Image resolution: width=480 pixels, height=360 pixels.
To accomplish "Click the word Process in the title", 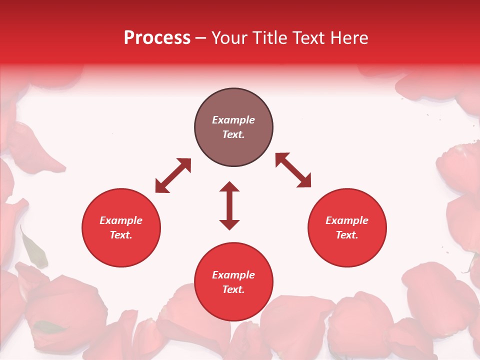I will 157,38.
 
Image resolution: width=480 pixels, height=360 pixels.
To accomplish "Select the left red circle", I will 121,250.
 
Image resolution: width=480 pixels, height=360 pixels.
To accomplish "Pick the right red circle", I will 347,250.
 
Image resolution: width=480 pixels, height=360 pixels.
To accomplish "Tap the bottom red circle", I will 233,305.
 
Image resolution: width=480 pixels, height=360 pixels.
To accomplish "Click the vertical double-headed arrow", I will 229,205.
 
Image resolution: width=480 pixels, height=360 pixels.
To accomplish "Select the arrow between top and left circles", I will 173,175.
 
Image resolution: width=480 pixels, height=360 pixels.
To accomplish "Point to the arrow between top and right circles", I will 293,170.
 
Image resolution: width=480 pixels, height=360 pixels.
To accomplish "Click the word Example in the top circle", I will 233,120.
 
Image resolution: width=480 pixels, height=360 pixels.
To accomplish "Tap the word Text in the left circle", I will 121,235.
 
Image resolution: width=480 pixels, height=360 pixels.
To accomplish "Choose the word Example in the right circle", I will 347,220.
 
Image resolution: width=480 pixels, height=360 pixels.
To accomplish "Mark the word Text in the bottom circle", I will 233,289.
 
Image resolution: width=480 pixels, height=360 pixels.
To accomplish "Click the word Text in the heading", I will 309,38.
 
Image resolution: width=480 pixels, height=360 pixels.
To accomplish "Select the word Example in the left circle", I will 121,220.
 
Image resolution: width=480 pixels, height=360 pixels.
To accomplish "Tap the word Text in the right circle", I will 346,235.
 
